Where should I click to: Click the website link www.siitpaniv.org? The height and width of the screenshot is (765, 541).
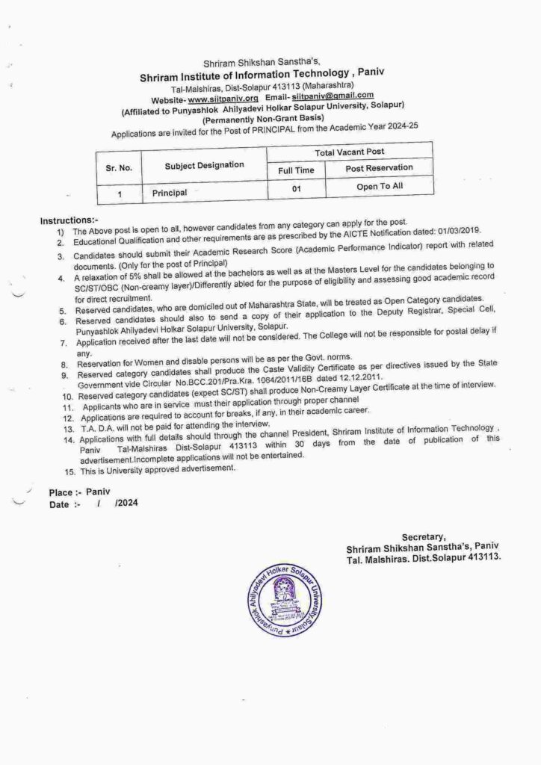point(223,98)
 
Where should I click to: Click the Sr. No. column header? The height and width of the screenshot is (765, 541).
point(119,168)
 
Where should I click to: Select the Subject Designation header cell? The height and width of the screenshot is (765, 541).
point(204,164)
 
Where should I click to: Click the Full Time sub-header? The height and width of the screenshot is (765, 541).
point(296,171)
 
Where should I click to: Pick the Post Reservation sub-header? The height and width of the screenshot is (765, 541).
point(379,169)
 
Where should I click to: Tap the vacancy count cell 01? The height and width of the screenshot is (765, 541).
point(296,190)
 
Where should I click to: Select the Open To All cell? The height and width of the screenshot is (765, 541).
point(379,187)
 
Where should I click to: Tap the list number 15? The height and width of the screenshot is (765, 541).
point(69,471)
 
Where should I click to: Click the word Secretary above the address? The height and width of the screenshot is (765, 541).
point(424,536)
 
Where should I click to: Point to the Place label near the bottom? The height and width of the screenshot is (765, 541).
point(61,493)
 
